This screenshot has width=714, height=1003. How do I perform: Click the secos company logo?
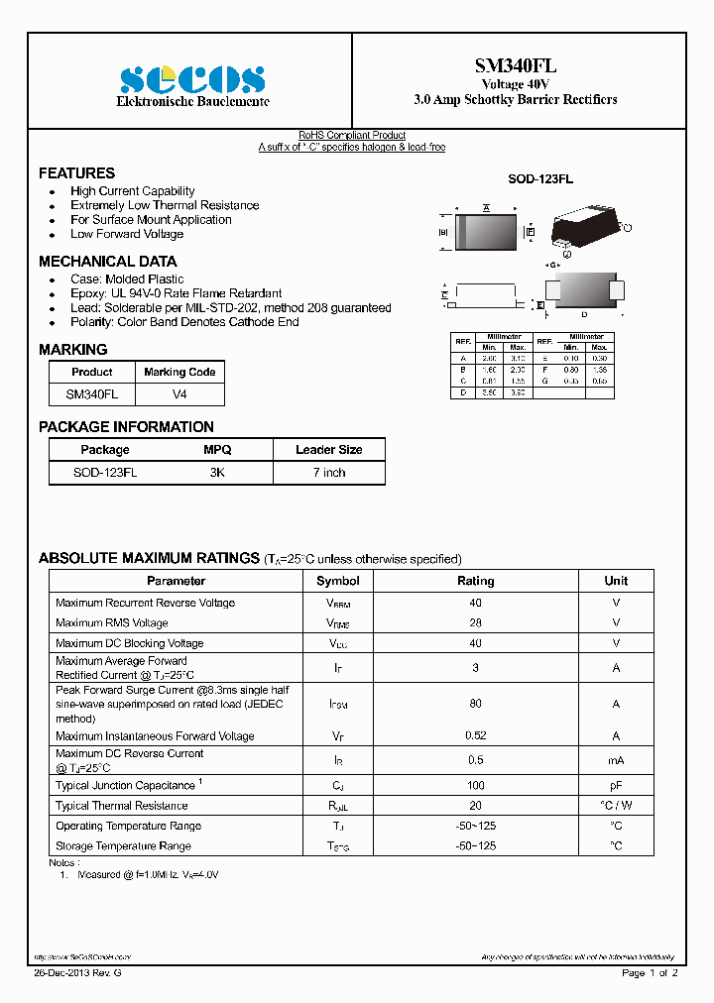click(x=192, y=78)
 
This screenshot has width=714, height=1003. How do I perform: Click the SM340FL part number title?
click(x=515, y=65)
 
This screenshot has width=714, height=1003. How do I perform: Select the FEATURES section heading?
click(x=76, y=172)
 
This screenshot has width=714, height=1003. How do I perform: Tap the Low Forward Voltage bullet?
click(x=126, y=234)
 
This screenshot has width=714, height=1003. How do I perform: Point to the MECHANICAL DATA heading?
click(x=107, y=262)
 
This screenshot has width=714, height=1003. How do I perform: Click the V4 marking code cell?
click(x=179, y=393)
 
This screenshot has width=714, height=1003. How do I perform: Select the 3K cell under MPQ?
click(x=217, y=473)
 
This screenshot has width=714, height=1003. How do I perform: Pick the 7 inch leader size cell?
click(x=328, y=473)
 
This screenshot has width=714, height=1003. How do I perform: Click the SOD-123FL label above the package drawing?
click(x=539, y=179)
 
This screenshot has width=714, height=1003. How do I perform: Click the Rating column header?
click(x=475, y=581)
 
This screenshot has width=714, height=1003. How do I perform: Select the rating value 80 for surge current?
click(x=475, y=704)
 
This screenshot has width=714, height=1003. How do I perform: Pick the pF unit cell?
click(x=616, y=785)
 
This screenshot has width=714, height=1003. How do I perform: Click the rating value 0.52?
click(x=475, y=736)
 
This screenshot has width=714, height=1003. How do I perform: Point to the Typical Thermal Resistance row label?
click(x=121, y=806)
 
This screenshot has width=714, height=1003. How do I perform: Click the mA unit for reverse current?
click(x=616, y=760)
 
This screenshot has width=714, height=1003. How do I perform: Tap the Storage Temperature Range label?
click(x=123, y=846)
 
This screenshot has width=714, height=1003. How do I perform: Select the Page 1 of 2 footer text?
click(x=650, y=973)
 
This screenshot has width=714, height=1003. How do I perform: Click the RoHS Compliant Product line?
click(x=352, y=136)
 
